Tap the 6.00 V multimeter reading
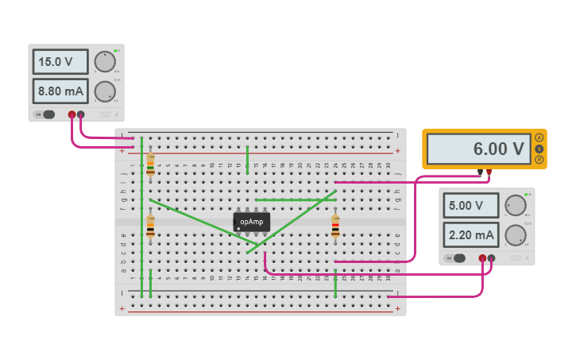pyautogui.click(x=478, y=149)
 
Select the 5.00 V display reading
pyautogui.click(x=470, y=205)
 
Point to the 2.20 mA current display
pyautogui.click(x=470, y=235)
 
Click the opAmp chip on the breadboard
pyautogui.click(x=252, y=222)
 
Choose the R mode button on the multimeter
pyautogui.click(x=539, y=160)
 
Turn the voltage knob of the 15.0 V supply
pyautogui.click(x=104, y=62)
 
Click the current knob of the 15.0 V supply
pyautogui.click(x=104, y=92)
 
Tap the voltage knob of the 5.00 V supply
pyautogui.click(x=516, y=205)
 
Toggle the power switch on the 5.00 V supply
pyautogui.click(x=458, y=257)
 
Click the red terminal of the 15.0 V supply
pyautogui.click(x=72, y=114)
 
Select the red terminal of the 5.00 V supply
pyautogui.click(x=482, y=257)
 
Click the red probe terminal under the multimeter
pyautogui.click(x=489, y=172)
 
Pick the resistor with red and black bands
pyautogui.click(x=335, y=226)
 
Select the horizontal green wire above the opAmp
pyautogui.click(x=295, y=199)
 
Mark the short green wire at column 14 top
pyautogui.click(x=248, y=159)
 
